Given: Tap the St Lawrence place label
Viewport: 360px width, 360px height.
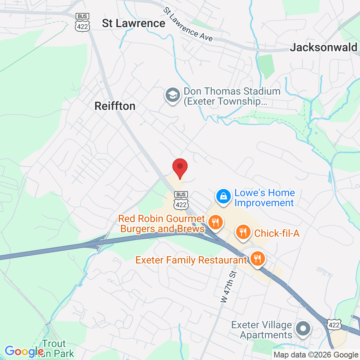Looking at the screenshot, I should click(x=134, y=23).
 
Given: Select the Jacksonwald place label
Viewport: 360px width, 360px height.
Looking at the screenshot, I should click(x=324, y=47).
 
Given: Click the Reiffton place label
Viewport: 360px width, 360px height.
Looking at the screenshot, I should click(x=115, y=106).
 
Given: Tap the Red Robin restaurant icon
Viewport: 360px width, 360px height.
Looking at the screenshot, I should click(x=215, y=222).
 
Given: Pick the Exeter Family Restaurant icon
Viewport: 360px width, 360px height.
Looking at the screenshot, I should click(x=257, y=259).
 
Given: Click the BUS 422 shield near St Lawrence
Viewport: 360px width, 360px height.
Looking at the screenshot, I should click(x=82, y=22).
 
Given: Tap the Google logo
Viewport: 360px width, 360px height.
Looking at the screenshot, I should click(x=24, y=351).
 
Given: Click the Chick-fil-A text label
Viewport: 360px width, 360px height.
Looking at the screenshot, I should click(x=277, y=233).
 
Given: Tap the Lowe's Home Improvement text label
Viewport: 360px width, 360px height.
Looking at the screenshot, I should click(x=264, y=198).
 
